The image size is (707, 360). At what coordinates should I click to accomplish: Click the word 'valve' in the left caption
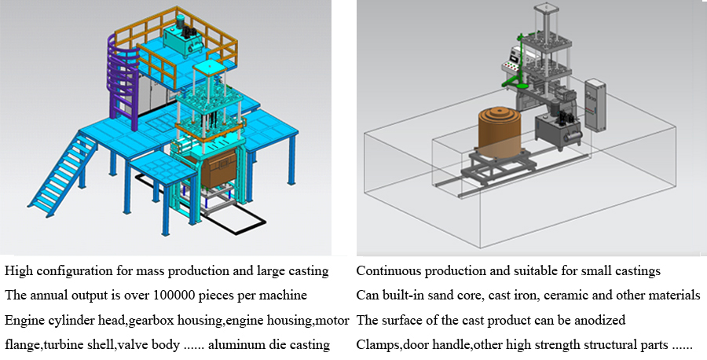click(x=134, y=344)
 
